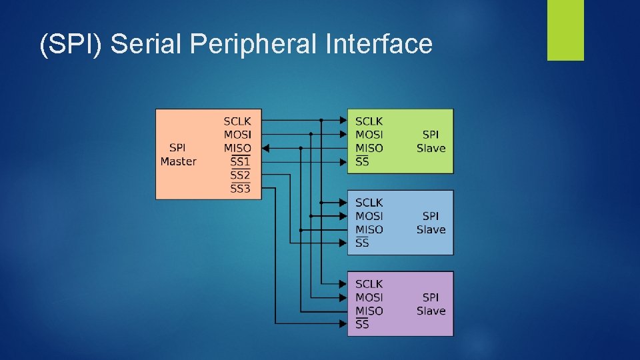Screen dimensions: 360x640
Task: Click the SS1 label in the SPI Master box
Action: [x=240, y=162]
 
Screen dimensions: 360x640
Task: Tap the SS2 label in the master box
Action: [x=240, y=175]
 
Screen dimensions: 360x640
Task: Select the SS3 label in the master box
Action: [x=240, y=189]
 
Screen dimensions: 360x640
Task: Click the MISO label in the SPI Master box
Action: [x=237, y=148]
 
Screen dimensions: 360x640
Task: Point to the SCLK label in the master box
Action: [x=237, y=121]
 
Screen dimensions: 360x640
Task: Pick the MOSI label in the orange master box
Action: [x=237, y=135]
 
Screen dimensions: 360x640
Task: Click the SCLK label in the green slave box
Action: [x=369, y=121]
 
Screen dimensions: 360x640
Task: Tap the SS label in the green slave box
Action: [x=362, y=162]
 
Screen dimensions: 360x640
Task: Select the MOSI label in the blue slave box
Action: [x=369, y=216]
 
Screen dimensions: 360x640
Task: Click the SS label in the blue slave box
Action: [x=362, y=243]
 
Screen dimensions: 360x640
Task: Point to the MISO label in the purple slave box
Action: [x=369, y=311]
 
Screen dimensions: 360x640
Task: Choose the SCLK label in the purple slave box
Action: [x=369, y=284]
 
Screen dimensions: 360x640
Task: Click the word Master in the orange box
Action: [x=178, y=161]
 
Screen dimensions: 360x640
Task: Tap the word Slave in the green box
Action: [x=431, y=148]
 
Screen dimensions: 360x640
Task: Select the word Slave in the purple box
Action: [x=431, y=311]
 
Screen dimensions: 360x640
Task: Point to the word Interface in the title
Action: [x=379, y=45]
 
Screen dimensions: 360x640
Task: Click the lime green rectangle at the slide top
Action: [x=565, y=30]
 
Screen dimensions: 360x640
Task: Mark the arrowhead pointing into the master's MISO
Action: [x=266, y=148]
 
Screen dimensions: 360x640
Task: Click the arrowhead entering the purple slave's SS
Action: [x=343, y=325]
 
